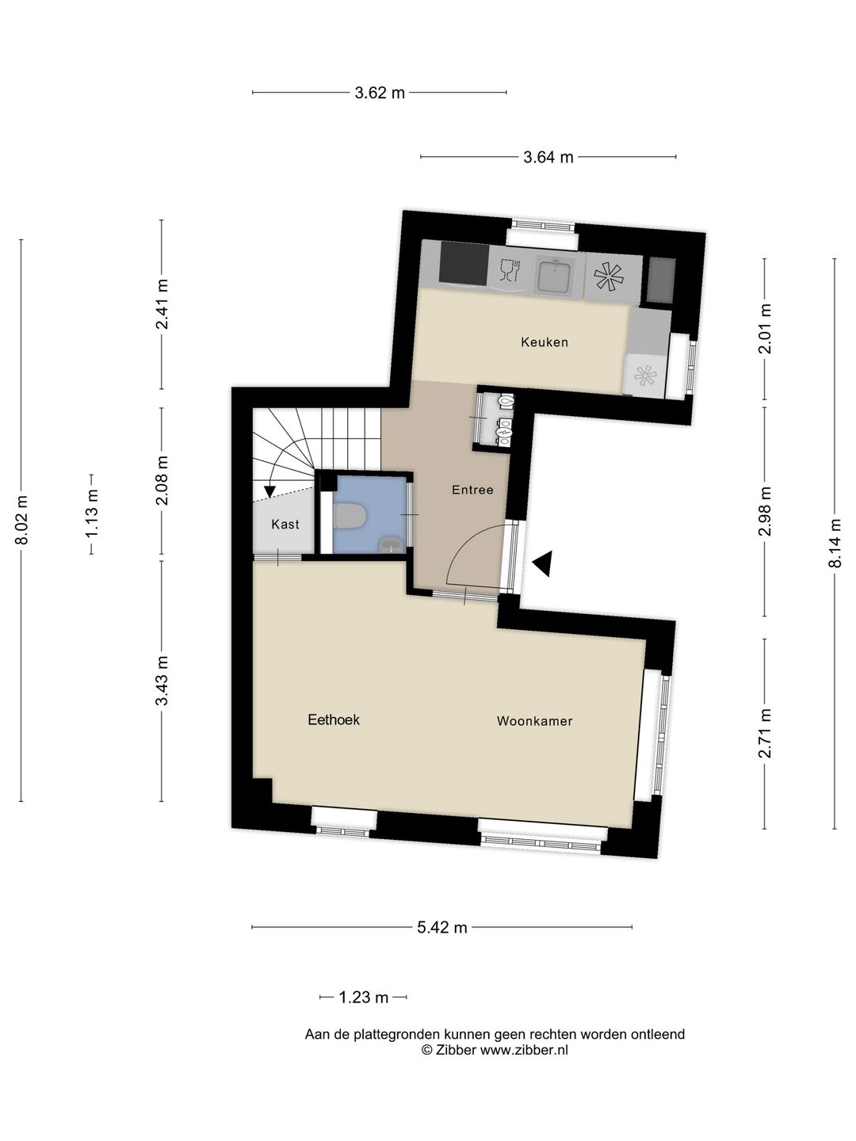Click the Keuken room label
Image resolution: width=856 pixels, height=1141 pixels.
click(x=545, y=342)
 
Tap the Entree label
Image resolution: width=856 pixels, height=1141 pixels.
click(x=472, y=490)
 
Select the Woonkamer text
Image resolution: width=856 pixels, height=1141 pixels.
click(x=535, y=721)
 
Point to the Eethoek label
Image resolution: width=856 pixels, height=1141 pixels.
click(x=334, y=719)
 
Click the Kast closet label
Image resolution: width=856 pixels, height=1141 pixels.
click(x=285, y=524)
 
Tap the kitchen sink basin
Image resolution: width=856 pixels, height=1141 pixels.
click(x=555, y=276)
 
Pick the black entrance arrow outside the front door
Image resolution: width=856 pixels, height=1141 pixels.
click(x=542, y=563)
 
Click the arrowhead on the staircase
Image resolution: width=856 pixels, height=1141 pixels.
click(x=269, y=491)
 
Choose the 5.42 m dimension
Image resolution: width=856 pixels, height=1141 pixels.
click(x=442, y=927)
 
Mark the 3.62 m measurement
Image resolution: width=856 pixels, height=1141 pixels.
click(x=380, y=93)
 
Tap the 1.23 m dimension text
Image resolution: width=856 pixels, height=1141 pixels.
click(x=364, y=997)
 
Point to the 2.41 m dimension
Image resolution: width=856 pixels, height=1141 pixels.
click(x=162, y=304)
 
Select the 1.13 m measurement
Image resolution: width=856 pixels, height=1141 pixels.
click(x=92, y=514)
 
